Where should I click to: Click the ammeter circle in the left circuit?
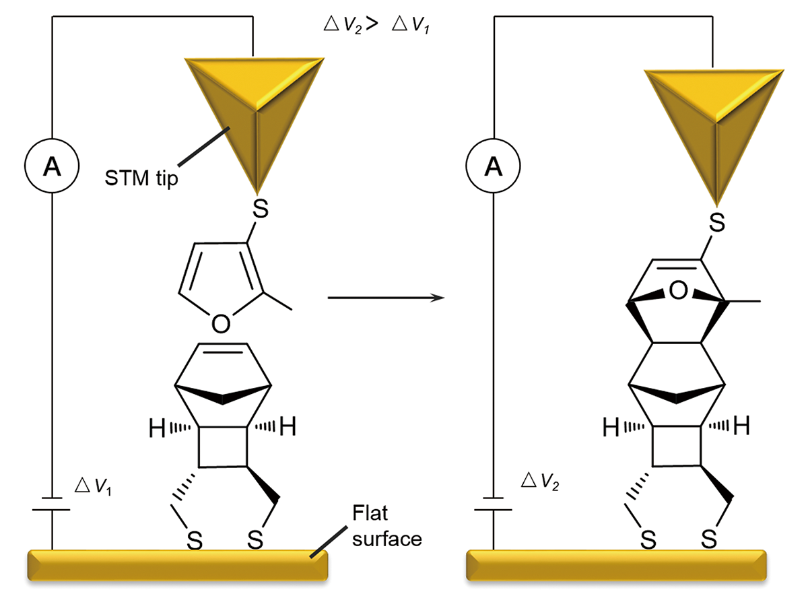(x=52, y=167)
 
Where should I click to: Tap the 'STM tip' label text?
(x=141, y=180)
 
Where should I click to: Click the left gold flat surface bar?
(x=177, y=564)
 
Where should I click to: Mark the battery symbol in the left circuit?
(x=52, y=503)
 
